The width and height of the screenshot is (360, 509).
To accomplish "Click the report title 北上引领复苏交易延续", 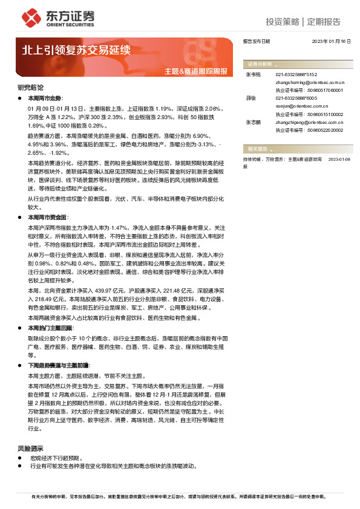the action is pos(76,50).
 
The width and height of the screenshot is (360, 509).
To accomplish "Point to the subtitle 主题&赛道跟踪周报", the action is pos(196,71).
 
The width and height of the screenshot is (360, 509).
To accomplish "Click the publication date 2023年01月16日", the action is pos(331,42).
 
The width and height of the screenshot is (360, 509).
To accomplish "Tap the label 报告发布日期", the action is pos(256,42).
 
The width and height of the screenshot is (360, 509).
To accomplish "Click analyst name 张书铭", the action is pos(254,74).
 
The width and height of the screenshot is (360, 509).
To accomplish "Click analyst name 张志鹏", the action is pos(254,122).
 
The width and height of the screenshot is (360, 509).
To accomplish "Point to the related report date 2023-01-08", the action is pos(339,158).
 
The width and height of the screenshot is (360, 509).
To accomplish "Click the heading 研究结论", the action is pos(30,88).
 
